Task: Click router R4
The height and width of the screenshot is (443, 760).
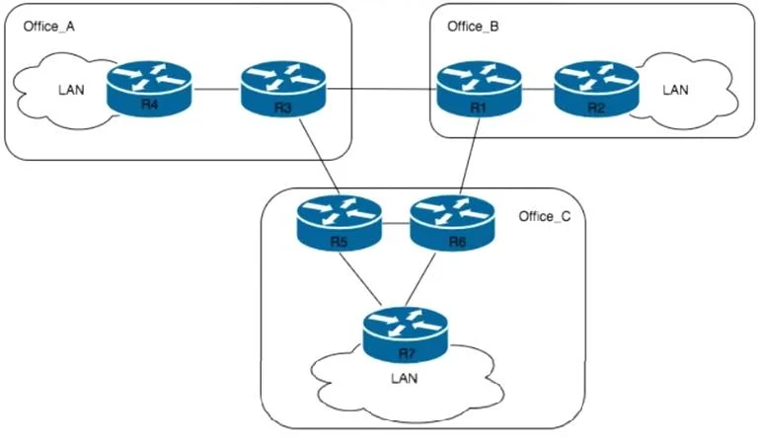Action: (149, 89)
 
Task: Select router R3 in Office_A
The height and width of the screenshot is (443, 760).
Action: (283, 89)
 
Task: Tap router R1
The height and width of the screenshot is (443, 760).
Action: (480, 89)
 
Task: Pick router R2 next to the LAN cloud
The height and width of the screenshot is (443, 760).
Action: (597, 89)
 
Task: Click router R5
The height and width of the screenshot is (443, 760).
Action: (340, 223)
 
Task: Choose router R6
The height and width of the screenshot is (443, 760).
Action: (453, 223)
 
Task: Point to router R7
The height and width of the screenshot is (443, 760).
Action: (406, 334)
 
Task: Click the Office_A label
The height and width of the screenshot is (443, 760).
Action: (49, 27)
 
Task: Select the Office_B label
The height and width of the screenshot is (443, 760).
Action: (473, 27)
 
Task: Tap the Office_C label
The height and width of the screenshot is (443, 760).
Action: (545, 216)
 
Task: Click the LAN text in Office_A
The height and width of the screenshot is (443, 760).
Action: (71, 90)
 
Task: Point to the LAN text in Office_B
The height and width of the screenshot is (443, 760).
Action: (676, 90)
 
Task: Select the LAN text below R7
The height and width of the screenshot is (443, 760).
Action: (405, 378)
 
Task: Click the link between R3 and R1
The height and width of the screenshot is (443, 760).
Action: (382, 89)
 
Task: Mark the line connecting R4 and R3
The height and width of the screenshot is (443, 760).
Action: (217, 89)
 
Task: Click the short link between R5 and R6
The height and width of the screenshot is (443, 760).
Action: (396, 223)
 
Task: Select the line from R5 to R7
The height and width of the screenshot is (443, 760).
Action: (359, 277)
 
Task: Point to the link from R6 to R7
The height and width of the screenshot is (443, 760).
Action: (420, 279)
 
